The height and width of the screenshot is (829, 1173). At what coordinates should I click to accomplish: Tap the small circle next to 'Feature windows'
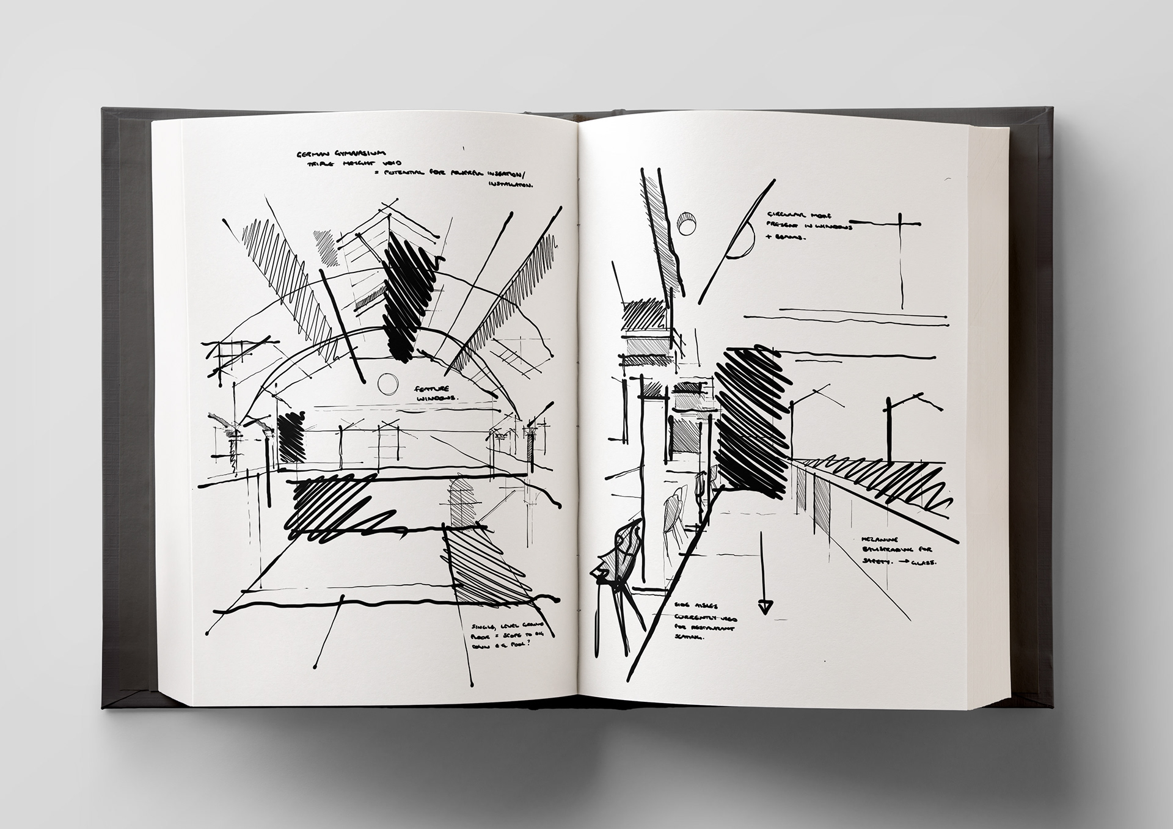point(387,384)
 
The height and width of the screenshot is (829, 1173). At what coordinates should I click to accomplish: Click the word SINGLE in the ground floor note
point(483,626)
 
